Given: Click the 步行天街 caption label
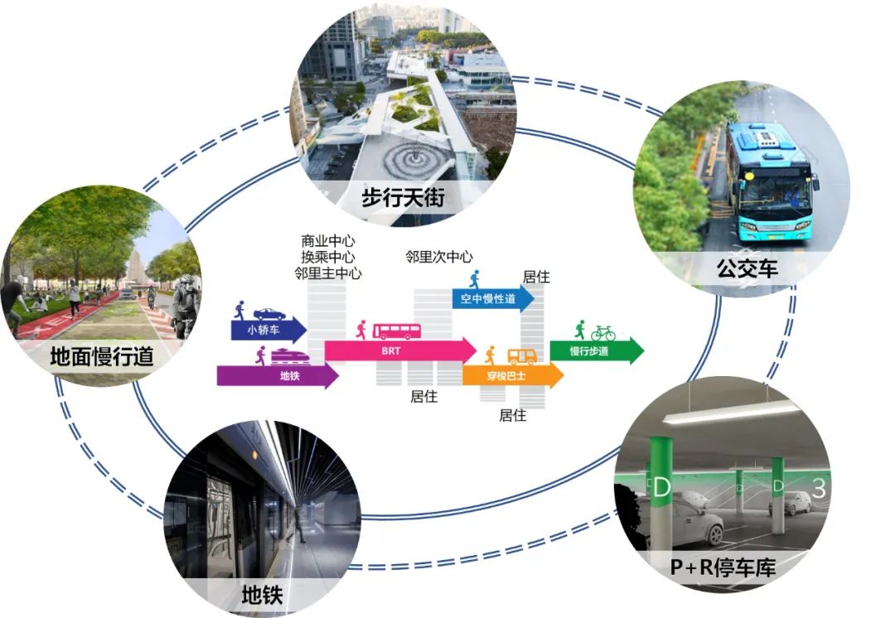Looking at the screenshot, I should pos(404,199).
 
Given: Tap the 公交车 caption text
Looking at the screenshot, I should pos(748,268).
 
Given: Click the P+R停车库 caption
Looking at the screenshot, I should pos(723,568).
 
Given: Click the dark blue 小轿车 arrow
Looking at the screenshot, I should pos(267,330).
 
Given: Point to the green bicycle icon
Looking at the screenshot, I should pos(603,333).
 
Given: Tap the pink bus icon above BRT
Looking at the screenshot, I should pos(397,331).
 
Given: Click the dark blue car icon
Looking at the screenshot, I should pos(269,314).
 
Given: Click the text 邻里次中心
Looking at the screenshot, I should pos(439,257).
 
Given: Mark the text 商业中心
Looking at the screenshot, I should pos(329,241).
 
